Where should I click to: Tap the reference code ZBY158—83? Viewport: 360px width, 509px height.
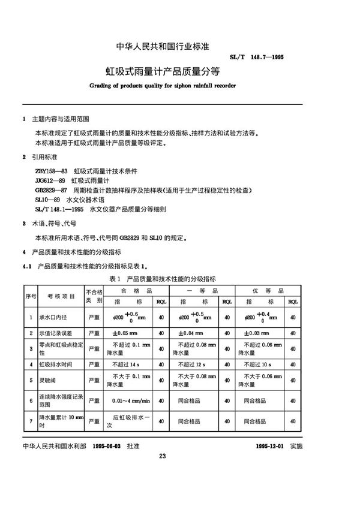pos(50,171)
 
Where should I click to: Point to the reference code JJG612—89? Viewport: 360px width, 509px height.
pos(50,180)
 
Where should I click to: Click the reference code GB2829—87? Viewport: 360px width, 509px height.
pos(51,190)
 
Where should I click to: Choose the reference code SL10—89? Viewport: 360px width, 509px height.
pos(48,200)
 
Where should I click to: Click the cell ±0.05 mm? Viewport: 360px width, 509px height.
pos(122,332)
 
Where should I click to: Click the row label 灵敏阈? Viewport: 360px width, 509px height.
pos(49,380)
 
